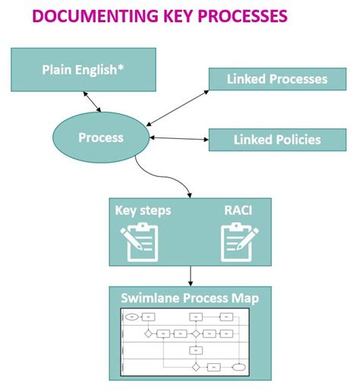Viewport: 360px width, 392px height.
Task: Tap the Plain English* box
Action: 84,70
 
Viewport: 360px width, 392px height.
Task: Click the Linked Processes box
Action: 276,79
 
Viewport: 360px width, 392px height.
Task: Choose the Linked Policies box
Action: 276,140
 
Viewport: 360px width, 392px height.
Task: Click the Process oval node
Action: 101,138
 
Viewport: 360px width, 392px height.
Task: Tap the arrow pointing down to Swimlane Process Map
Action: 189,275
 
